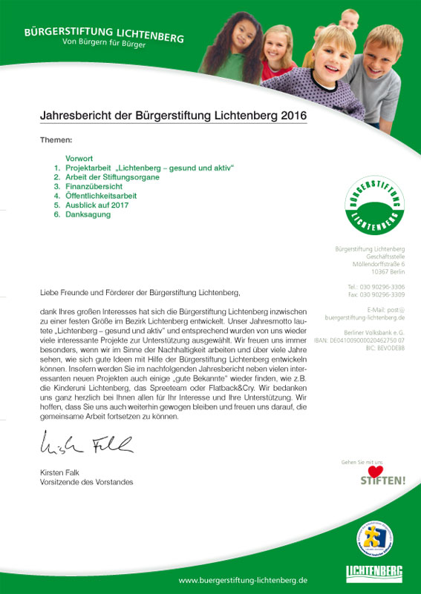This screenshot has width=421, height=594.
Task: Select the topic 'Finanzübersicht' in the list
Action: point(94,187)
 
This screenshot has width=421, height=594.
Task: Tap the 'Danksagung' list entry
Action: point(88,214)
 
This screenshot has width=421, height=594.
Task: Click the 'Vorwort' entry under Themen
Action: point(79,159)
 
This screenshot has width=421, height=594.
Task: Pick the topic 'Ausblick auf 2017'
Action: point(97,205)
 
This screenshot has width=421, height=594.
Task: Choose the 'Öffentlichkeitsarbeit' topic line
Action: point(101,196)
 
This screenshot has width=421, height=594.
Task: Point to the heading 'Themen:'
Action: point(56,139)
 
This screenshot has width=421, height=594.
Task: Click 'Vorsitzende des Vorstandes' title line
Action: point(86,482)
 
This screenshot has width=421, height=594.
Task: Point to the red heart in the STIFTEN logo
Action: point(376,472)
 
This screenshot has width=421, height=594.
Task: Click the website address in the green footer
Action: point(243,579)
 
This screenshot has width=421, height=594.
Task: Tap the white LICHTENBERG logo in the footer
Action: point(374,572)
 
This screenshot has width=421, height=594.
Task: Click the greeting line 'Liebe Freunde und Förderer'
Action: point(140,293)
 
